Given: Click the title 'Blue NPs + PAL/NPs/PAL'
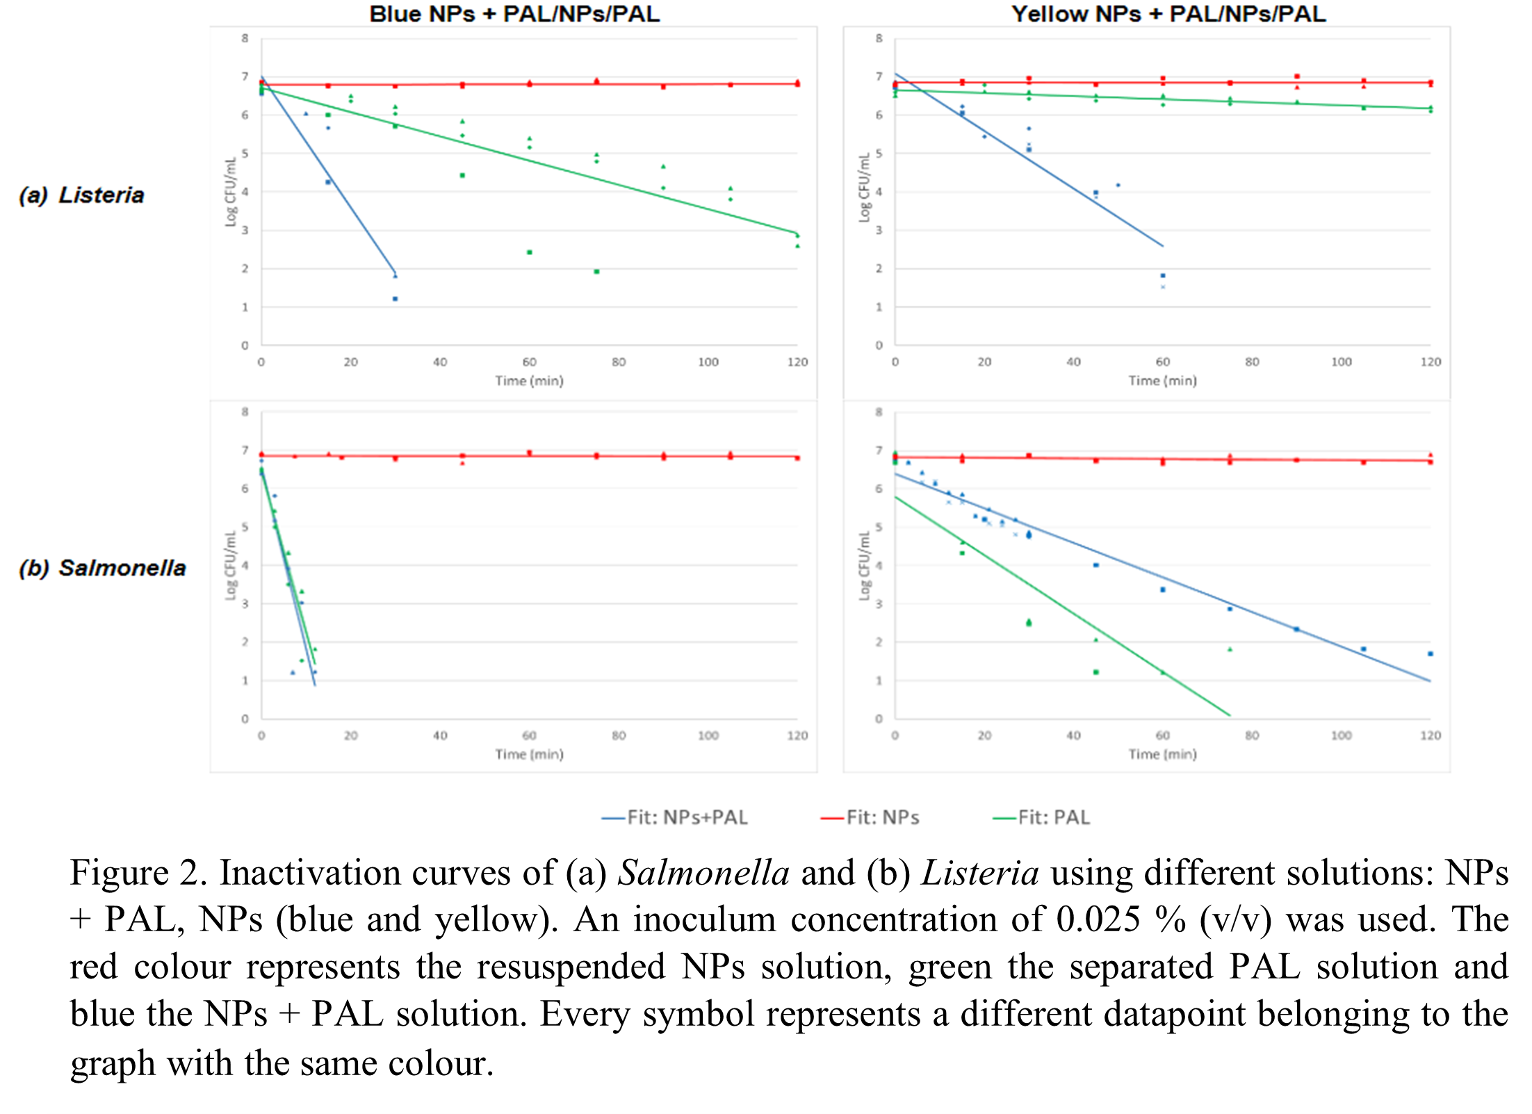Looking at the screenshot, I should tap(514, 14).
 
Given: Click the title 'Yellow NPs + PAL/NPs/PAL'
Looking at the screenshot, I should tap(1168, 14).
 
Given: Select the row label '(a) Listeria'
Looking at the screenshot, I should tap(82, 195).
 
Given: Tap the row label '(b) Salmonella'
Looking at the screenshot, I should tap(103, 568).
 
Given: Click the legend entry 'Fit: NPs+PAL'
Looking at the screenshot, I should tap(675, 817).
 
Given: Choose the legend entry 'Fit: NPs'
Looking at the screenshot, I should tap(870, 817).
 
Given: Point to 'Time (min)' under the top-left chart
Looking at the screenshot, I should tap(529, 381).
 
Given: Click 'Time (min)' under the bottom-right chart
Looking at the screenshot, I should tap(1163, 754).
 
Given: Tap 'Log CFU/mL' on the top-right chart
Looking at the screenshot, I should tap(864, 188).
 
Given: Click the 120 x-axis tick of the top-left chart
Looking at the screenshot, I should tap(797, 362).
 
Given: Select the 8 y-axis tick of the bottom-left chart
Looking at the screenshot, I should tap(245, 412).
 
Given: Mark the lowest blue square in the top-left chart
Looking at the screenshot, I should tap(396, 299).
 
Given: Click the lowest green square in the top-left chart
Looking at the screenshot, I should tap(596, 272).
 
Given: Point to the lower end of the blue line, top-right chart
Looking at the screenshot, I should tap(1163, 246).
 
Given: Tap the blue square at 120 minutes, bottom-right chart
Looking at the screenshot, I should tap(1431, 654).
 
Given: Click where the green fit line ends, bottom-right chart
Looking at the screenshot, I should tap(1230, 715).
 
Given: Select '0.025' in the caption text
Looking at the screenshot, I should tap(1098, 920).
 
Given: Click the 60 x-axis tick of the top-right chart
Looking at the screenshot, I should tap(1163, 362).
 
